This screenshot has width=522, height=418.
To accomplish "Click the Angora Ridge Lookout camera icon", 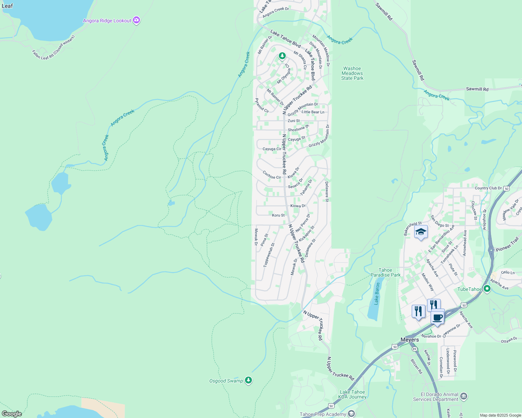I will point(136,21).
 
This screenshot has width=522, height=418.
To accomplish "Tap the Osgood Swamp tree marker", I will point(248,380).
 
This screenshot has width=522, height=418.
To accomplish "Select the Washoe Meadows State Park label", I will point(352,73).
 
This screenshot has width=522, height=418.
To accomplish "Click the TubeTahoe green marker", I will point(487,289).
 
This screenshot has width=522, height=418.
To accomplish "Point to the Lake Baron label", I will point(376,294).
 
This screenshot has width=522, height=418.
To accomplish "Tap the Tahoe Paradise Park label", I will point(385,272).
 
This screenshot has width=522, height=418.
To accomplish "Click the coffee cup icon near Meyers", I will point(438,317).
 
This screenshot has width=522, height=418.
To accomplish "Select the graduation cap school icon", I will point(421,232).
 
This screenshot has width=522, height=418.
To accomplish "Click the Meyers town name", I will point(410,340).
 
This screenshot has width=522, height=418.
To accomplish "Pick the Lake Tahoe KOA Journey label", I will point(353,394).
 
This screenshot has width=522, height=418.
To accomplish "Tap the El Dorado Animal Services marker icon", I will point(464,396).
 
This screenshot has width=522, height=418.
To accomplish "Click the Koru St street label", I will point(278,215).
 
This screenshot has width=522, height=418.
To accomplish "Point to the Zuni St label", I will point(293,121).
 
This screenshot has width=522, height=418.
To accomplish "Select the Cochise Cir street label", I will point(272,175).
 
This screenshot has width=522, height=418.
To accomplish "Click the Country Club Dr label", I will point(488,188).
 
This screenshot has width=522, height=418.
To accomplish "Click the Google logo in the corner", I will point(12,413).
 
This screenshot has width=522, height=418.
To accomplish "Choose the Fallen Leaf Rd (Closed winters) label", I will point(53,47).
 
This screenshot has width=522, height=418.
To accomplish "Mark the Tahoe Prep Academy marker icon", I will point(351,414).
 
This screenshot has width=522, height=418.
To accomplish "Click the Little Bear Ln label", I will point(313,112).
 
